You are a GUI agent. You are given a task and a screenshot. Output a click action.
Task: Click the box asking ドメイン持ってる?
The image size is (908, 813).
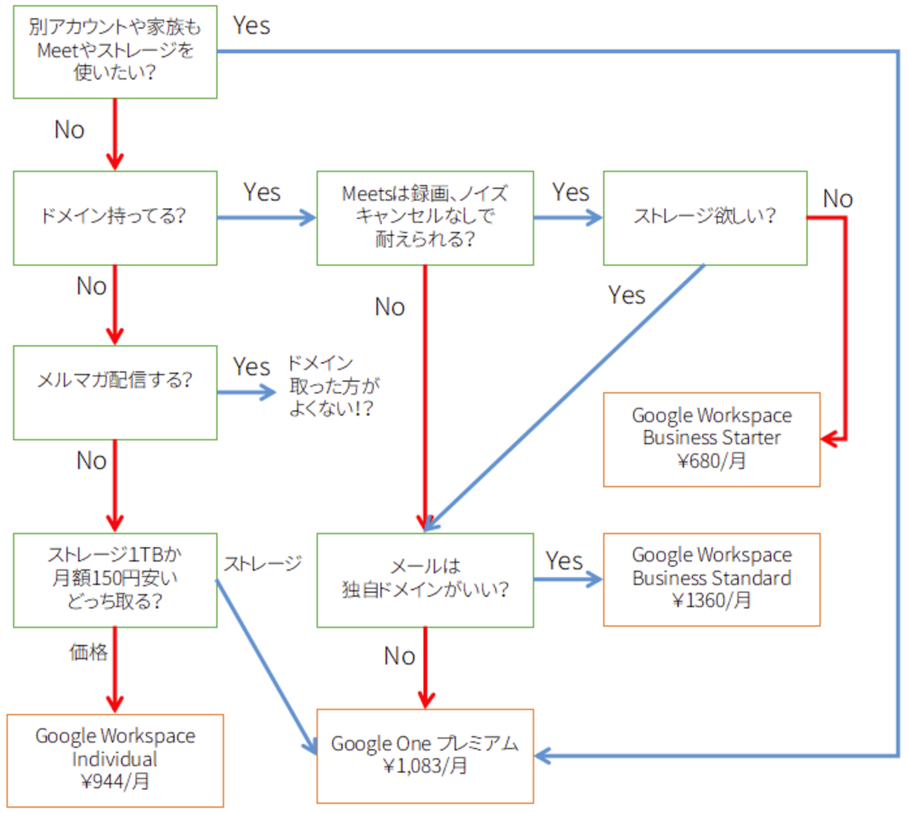click(115, 218)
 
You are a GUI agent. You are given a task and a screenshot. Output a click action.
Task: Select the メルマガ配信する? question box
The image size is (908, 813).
click(115, 392)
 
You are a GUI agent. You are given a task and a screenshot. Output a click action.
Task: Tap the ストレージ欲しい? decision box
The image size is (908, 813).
click(705, 218)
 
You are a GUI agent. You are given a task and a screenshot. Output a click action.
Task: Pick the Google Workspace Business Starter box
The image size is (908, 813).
click(711, 439)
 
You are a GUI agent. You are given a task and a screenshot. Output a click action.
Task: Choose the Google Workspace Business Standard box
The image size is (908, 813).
click(711, 579)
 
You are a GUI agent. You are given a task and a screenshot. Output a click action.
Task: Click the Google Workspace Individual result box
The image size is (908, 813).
click(115, 760)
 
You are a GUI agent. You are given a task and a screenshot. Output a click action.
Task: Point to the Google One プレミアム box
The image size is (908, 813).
click(425, 756)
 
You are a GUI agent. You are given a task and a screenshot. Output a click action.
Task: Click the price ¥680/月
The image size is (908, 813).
click(711, 461)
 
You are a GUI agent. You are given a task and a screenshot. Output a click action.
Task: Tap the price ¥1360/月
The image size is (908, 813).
click(711, 601)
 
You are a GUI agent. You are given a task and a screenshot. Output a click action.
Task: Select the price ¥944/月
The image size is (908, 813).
click(115, 782)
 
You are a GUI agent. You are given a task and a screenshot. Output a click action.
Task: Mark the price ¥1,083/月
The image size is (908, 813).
click(425, 766)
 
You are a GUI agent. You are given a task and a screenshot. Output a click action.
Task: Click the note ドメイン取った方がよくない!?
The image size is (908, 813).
click(333, 386)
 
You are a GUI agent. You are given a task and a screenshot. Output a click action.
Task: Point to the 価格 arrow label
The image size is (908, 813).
click(88, 652)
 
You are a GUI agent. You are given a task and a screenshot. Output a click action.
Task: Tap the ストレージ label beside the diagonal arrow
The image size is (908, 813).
click(263, 564)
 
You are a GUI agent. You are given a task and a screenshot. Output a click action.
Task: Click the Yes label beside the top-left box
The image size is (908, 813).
click(251, 26)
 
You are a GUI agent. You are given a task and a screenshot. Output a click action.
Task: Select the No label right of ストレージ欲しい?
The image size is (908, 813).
click(837, 199)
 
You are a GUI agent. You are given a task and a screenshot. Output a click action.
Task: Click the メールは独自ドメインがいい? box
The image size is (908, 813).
click(425, 580)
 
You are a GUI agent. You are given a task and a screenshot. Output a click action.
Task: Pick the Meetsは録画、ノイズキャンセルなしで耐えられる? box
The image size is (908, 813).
click(425, 218)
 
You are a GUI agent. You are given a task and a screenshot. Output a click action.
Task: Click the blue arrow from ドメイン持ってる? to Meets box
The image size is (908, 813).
click(265, 218)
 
